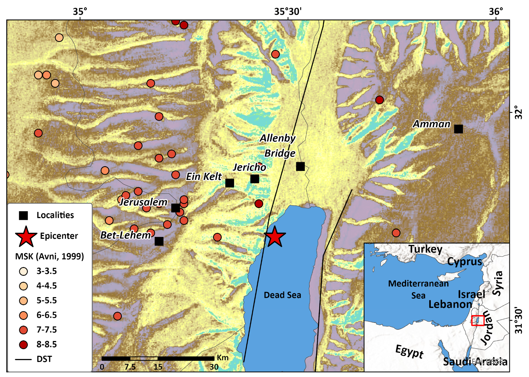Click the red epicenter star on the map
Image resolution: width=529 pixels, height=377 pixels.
(275, 237)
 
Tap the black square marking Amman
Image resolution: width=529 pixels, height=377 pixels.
(458, 129)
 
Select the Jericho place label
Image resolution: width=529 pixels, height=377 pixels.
(249, 167)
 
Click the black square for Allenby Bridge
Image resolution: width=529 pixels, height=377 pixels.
(300, 166)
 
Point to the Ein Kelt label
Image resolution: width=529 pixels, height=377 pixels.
(204, 177)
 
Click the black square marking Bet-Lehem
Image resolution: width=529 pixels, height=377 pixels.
(159, 241)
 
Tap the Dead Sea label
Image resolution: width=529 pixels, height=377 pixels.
(282, 295)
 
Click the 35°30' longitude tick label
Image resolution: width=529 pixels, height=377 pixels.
(287, 11)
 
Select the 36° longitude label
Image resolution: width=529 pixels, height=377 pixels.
(496, 11)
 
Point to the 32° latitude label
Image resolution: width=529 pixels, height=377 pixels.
(518, 112)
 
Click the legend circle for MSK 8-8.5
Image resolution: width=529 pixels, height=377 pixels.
(23, 345)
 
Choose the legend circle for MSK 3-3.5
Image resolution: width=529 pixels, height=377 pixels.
(23, 271)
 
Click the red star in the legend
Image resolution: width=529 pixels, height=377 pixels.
(26, 236)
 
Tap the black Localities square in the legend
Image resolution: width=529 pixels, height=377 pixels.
(23, 215)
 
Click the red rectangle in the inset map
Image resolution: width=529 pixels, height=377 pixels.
(478, 321)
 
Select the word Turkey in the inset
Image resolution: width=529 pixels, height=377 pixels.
(425, 249)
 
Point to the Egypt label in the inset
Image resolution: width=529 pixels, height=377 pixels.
(409, 351)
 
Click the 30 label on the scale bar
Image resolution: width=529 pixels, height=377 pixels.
(214, 367)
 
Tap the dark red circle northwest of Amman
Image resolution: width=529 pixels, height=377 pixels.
(379, 100)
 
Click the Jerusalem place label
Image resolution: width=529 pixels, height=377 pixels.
(143, 202)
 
